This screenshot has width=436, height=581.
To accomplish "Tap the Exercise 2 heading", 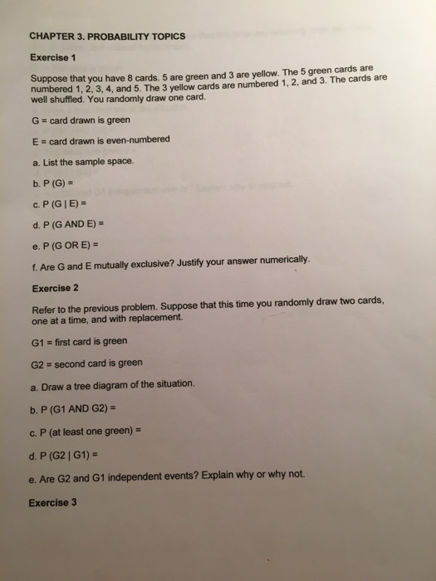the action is (55, 288).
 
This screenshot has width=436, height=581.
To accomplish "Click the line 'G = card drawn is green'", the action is (80, 120).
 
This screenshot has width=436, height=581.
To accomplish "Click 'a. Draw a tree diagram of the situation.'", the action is (114, 384).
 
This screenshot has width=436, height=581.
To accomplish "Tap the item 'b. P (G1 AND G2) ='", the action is (76, 407).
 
